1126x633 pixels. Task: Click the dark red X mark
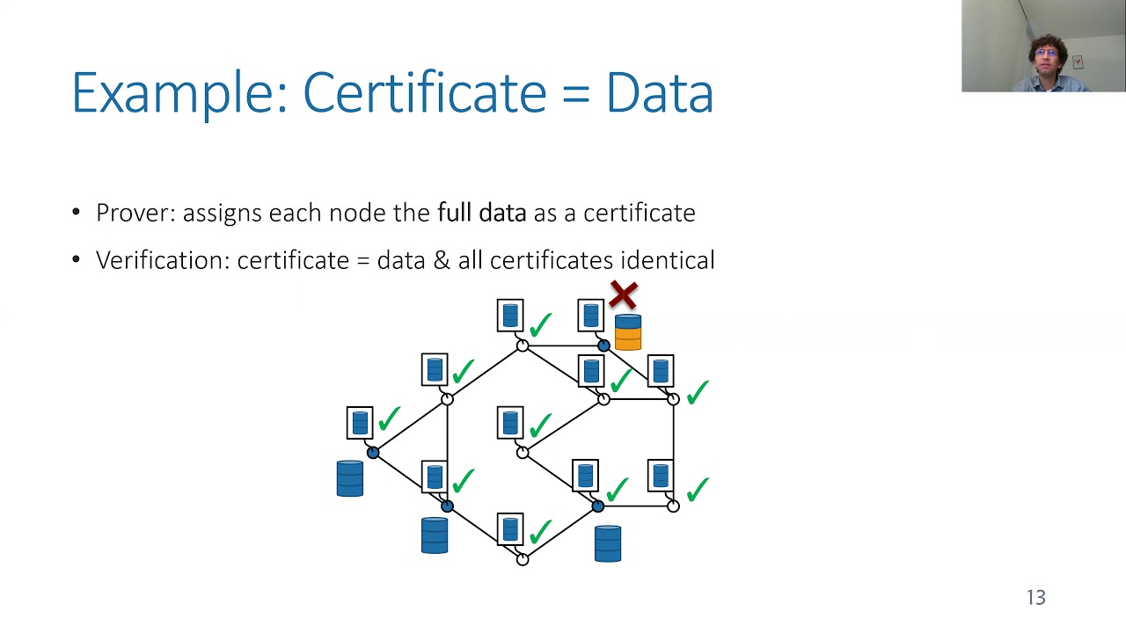pyautogui.click(x=624, y=295)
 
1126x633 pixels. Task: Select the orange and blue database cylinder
pyautogui.click(x=628, y=332)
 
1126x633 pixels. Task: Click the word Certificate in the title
pyautogui.click(x=425, y=93)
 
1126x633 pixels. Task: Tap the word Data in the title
pyautogui.click(x=660, y=93)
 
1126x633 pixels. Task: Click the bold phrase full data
pyautogui.click(x=481, y=213)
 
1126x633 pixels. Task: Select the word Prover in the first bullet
pyautogui.click(x=135, y=213)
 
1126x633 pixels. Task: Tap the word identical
pyautogui.click(x=668, y=260)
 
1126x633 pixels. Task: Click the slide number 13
pyautogui.click(x=1036, y=597)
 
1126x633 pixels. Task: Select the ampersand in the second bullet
pyautogui.click(x=442, y=260)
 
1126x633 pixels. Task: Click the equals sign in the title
pyautogui.click(x=576, y=94)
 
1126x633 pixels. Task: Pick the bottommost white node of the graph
pyautogui.click(x=523, y=559)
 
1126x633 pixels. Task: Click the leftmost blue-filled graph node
pyautogui.click(x=372, y=453)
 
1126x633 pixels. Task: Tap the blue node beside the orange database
pyautogui.click(x=603, y=346)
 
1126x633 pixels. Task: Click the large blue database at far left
pyautogui.click(x=350, y=478)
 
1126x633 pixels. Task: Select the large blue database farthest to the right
pyautogui.click(x=608, y=543)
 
